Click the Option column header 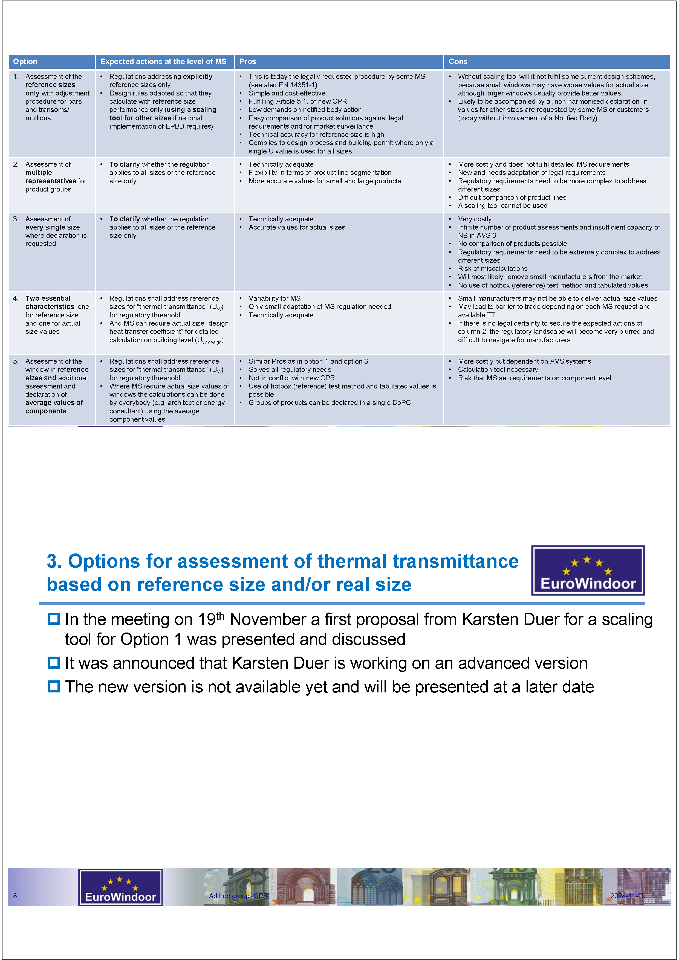click(x=25, y=62)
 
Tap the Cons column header click(x=458, y=62)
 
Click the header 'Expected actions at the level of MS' click(x=163, y=62)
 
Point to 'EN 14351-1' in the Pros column click(x=298, y=85)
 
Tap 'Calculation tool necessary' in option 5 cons click(x=498, y=370)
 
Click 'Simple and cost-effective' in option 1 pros click(x=287, y=93)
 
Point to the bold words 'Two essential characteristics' click(x=48, y=302)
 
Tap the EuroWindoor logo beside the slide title click(x=588, y=570)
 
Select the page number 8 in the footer click(x=15, y=896)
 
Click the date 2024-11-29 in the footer click(x=628, y=896)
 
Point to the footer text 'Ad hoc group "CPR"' click(x=239, y=896)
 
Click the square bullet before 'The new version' click(x=54, y=686)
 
